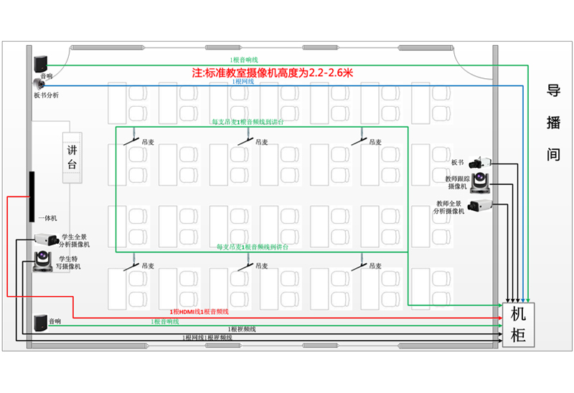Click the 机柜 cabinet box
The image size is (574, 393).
[518, 325]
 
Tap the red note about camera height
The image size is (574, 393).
[273, 72]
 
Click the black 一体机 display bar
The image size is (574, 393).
[32, 197]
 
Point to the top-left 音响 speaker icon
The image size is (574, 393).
[41, 62]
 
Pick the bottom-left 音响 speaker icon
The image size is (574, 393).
[41, 322]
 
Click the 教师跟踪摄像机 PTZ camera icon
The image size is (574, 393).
[480, 183]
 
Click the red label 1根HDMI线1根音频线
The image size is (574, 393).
[199, 311]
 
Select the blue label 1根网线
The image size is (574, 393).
[242, 82]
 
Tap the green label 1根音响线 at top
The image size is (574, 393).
[244, 60]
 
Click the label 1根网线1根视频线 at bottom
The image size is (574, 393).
[207, 337]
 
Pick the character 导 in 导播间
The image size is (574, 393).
[553, 91]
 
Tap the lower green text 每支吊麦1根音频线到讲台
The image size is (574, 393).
[253, 247]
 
